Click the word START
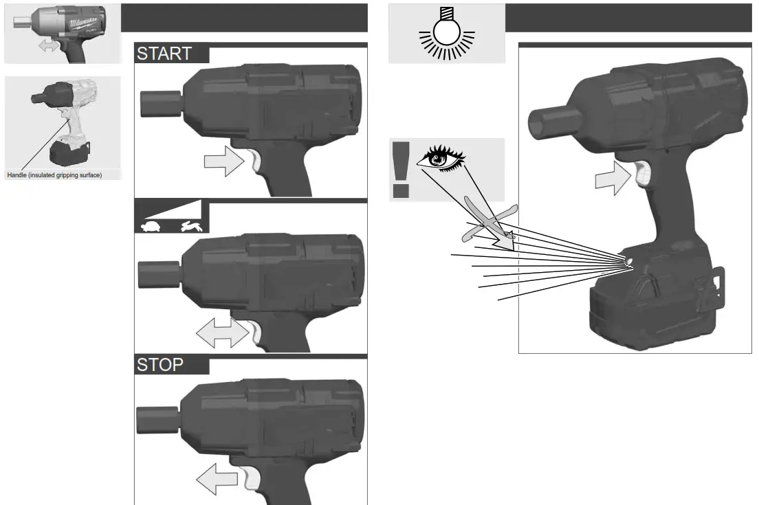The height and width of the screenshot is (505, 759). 164,54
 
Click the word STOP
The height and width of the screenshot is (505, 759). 160,365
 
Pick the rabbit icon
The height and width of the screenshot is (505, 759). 189,226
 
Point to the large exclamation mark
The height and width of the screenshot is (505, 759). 401,168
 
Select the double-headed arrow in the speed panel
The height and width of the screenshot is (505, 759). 222,335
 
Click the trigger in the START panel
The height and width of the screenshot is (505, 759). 254,164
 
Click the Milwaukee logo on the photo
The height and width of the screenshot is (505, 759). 82,23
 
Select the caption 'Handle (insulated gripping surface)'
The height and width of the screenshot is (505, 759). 54,175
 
